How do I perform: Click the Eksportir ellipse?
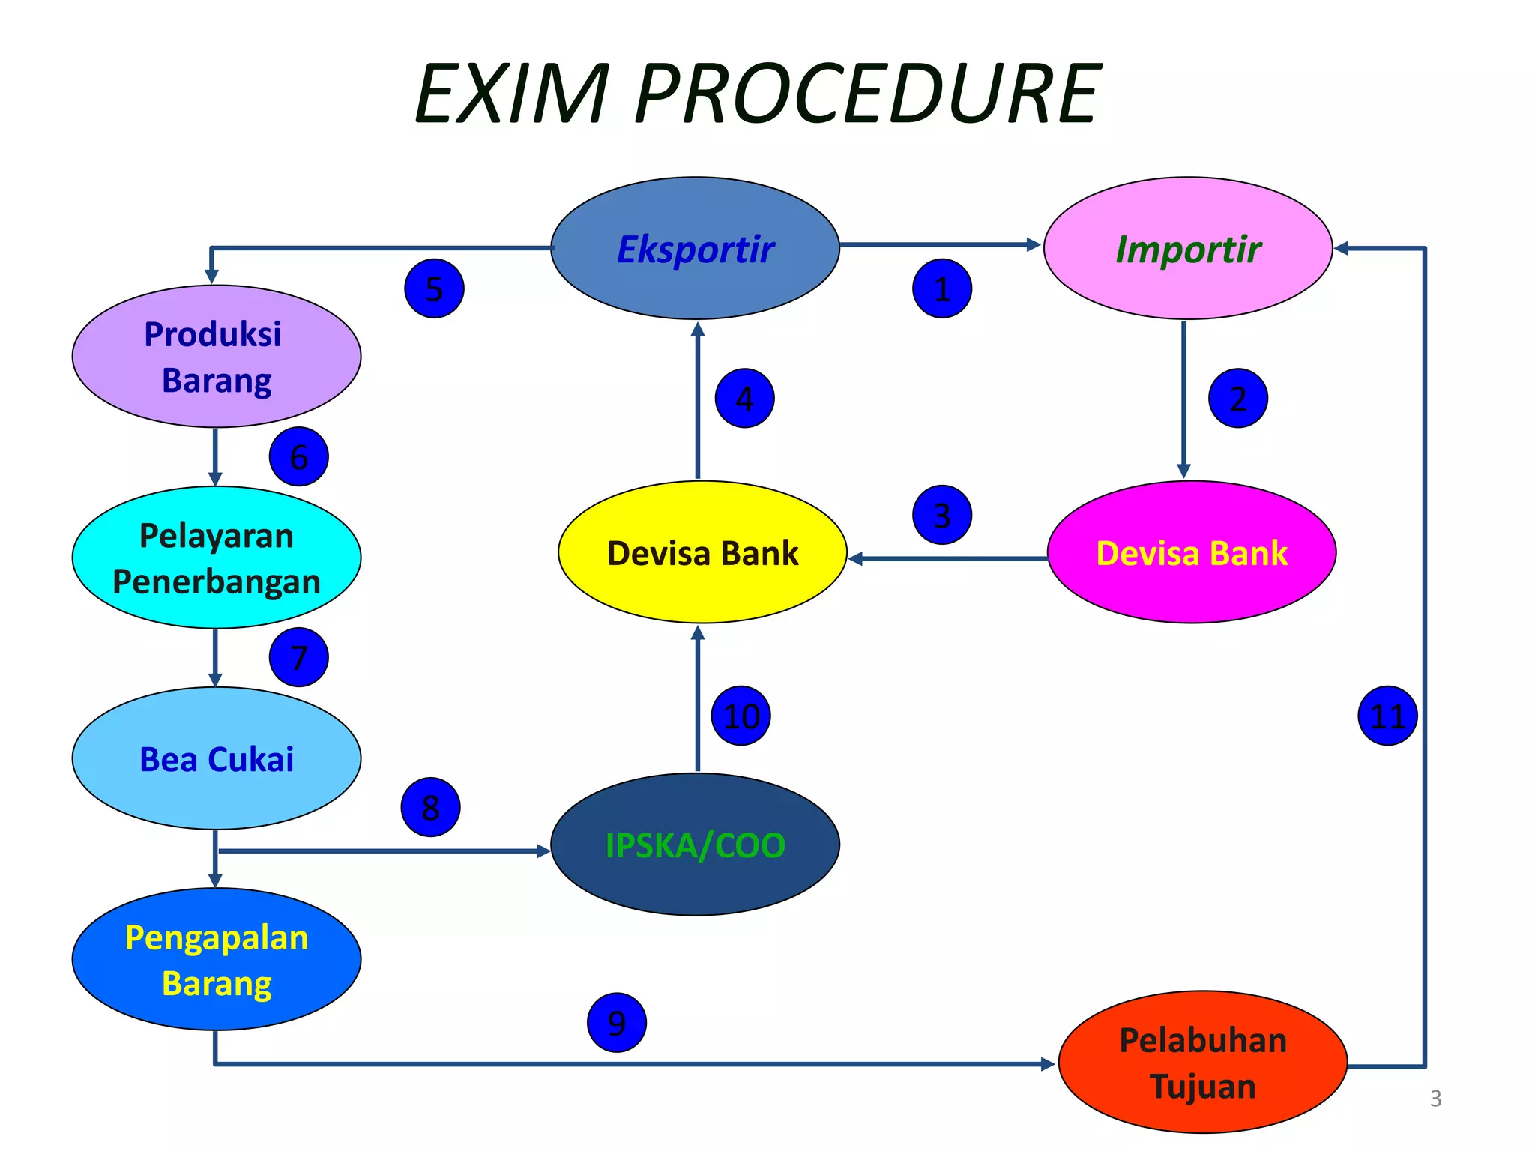(695, 248)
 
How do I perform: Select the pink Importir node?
(1187, 248)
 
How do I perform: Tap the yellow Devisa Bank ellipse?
(702, 552)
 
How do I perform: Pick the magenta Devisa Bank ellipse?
(1191, 552)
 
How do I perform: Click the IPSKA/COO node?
(695, 845)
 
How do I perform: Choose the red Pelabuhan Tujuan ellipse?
(1202, 1062)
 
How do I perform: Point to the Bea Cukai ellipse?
(217, 758)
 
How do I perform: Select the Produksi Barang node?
(217, 356)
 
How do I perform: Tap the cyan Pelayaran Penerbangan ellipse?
(217, 558)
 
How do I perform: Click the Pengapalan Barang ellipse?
(217, 959)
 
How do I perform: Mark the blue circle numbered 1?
(942, 288)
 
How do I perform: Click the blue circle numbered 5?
(434, 288)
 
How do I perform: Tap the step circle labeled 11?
(1387, 716)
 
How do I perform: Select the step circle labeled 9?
(616, 1022)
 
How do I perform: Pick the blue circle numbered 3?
(942, 515)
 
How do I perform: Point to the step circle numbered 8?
(430, 807)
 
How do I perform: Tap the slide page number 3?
(1435, 1099)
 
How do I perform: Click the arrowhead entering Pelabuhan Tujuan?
(1048, 1064)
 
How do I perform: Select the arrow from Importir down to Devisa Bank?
(1183, 397)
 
